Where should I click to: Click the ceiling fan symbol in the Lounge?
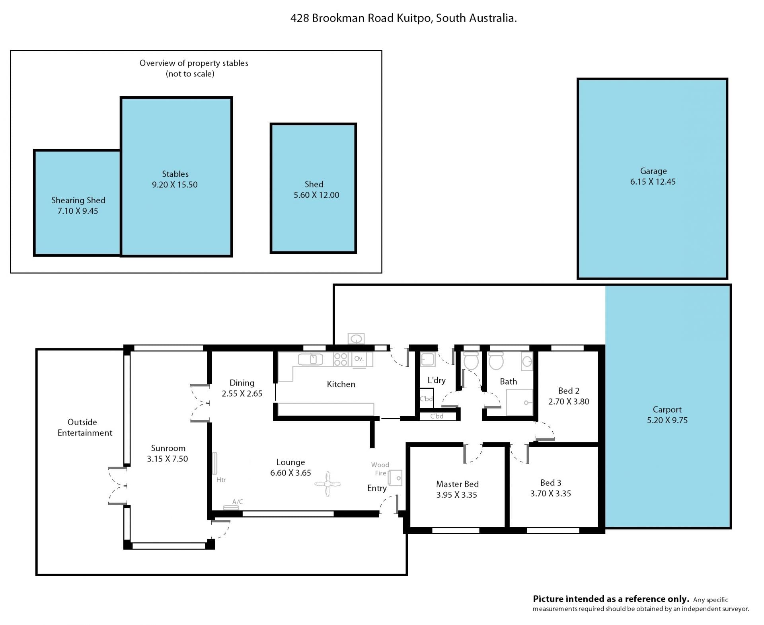(x=327, y=484)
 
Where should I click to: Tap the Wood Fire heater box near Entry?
(x=395, y=478)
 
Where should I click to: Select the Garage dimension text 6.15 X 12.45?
(x=653, y=182)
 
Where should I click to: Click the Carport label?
(x=667, y=409)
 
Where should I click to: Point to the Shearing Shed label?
(x=78, y=201)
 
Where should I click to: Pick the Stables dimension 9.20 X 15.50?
(x=175, y=185)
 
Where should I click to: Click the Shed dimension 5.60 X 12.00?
(x=316, y=195)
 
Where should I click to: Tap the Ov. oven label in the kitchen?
(x=359, y=358)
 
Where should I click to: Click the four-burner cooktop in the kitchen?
(x=341, y=359)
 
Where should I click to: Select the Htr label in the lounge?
(x=221, y=480)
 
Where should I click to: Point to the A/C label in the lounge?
(x=238, y=502)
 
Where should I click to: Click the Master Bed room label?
(x=457, y=484)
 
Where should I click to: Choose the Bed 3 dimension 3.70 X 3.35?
(x=550, y=494)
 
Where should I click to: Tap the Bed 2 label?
(x=569, y=391)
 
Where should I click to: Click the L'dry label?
(x=437, y=380)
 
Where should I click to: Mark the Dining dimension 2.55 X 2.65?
(x=242, y=394)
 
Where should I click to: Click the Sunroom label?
(x=168, y=448)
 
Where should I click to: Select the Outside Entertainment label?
(x=85, y=427)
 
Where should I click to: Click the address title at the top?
(x=403, y=18)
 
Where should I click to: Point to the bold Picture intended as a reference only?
(x=611, y=599)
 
